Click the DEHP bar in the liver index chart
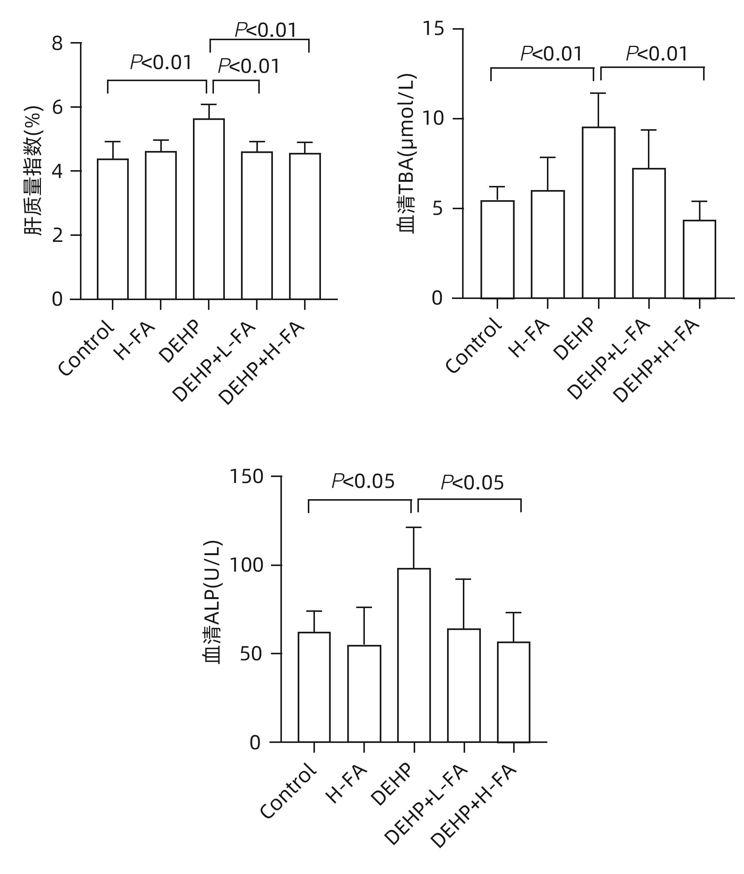209,209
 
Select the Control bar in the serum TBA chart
497,249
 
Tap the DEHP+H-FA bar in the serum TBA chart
699,259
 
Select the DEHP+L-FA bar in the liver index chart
257,225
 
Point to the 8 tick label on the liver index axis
57,43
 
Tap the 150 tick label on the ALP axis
247,477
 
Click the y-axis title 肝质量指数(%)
34,171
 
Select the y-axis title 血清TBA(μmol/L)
407,154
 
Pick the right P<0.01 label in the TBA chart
657,54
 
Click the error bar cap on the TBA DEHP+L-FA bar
649,130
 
